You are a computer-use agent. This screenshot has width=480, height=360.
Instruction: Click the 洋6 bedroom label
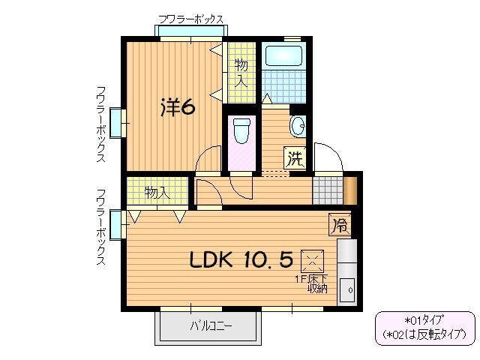[x=178, y=108]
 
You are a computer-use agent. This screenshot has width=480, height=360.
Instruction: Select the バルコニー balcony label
[x=210, y=326]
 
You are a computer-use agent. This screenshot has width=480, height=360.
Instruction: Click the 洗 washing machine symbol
[x=295, y=158]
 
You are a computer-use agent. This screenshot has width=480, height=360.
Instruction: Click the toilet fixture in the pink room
[x=241, y=131]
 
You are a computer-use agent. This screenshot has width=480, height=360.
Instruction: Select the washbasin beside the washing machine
[x=297, y=126]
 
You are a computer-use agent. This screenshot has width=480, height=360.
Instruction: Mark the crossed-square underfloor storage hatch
[x=310, y=261]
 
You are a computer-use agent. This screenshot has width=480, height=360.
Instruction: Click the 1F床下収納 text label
[x=310, y=283]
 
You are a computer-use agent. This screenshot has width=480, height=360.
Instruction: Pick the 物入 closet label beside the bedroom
[x=240, y=72]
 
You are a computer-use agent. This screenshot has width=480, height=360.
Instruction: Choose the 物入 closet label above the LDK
[x=156, y=193]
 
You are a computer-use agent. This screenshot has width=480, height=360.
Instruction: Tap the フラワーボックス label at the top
[x=190, y=19]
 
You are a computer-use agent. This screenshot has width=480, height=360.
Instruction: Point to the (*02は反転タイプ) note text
[x=424, y=333]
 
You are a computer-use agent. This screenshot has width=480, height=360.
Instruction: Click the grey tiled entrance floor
[x=326, y=188]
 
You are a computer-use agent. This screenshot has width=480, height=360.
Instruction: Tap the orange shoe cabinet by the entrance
[x=349, y=188]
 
